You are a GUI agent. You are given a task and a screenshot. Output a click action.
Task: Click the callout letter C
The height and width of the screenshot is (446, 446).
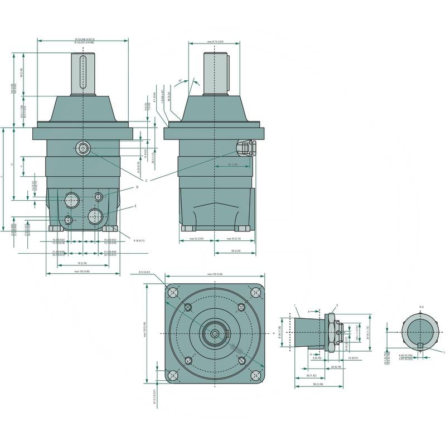[x=146, y=181]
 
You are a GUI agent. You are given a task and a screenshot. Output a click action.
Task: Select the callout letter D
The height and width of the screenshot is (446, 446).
[x=137, y=187]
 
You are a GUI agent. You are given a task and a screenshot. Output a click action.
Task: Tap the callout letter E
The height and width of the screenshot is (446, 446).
[x=135, y=206]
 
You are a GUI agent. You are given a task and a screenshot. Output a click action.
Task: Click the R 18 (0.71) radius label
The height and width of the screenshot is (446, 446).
[x=139, y=240]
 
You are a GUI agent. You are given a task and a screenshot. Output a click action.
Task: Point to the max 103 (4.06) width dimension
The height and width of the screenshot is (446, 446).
[x=83, y=272]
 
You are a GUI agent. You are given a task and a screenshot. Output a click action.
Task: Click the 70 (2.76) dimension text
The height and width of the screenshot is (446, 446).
[x=83, y=263]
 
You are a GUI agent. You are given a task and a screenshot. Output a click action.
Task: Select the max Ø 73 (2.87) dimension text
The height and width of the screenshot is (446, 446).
[x=215, y=42]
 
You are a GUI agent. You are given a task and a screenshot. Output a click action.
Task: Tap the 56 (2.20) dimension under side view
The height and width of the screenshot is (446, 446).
[x=236, y=251]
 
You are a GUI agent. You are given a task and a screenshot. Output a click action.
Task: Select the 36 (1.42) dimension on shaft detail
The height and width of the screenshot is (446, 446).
[x=305, y=376]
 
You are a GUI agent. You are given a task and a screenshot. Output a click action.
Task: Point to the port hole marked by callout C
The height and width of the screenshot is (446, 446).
[x=83, y=148]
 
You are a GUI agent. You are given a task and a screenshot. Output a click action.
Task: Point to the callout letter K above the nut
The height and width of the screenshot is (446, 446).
[x=337, y=305]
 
